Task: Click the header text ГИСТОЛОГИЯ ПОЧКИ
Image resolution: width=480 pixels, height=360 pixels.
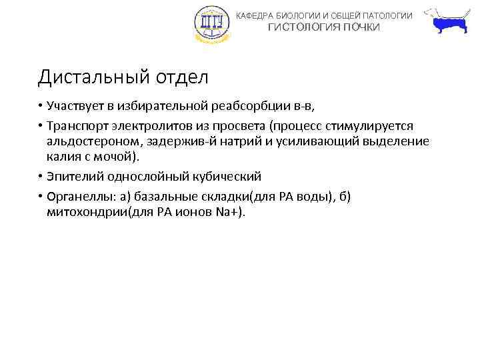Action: (x=324, y=27)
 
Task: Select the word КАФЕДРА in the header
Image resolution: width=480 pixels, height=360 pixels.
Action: (x=256, y=15)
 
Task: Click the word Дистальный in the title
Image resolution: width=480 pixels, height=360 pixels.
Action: (x=83, y=78)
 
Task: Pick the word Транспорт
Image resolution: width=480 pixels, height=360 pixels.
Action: (x=77, y=126)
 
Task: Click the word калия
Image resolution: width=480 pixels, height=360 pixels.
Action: (x=64, y=157)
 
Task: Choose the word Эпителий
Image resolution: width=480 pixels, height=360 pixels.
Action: (x=73, y=177)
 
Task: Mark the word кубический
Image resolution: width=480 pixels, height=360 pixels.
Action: (x=225, y=177)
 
